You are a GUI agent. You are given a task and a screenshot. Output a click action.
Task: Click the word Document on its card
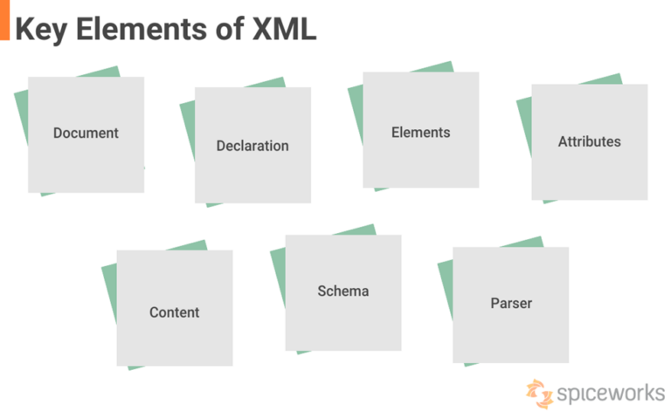click(86, 134)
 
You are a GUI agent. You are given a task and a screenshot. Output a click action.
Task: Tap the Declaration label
click(252, 146)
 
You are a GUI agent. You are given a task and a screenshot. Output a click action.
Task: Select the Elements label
click(420, 133)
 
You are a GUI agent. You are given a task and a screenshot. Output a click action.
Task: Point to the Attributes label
click(589, 141)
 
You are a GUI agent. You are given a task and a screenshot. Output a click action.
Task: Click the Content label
click(174, 312)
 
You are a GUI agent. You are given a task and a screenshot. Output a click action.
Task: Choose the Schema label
click(342, 291)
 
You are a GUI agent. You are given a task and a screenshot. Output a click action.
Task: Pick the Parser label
click(511, 304)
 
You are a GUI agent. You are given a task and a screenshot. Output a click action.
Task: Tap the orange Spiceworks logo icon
click(539, 394)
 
